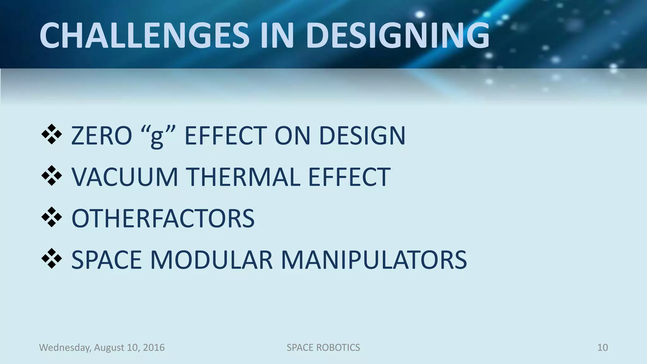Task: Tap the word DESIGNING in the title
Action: coord(397,35)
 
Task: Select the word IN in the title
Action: coord(277,35)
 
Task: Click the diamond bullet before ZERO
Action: coord(51,135)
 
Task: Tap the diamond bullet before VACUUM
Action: coord(51,176)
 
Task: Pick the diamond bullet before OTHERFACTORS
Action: coord(51,217)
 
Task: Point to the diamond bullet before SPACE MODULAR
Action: coord(51,259)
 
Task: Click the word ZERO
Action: coord(101,136)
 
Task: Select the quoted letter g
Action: coord(157,137)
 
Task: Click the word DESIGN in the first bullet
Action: coord(362,136)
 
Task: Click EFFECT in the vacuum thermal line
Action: coord(349,177)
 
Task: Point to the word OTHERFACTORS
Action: coord(163,218)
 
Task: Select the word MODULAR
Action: coord(211,260)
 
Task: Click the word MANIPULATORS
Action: coord(374,260)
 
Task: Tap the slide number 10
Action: coord(602,348)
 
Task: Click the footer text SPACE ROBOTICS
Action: coord(323,348)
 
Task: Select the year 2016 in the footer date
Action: coord(154,348)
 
